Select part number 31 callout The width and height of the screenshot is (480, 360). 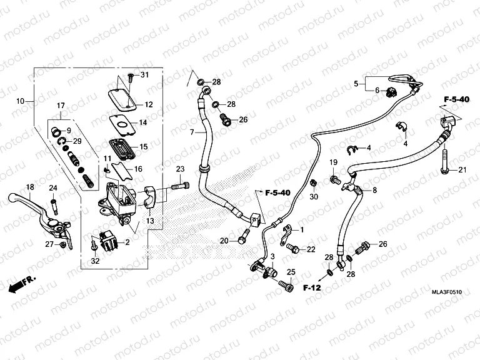(145, 76)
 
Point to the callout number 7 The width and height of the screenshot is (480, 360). (193, 132)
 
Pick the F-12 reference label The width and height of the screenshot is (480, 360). (311, 288)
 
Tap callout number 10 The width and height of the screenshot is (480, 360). (21, 101)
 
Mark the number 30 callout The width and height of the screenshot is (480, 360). (314, 197)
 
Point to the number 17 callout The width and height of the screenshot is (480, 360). (61, 105)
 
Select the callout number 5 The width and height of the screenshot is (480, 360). (356, 83)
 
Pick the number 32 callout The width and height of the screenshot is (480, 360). (95, 261)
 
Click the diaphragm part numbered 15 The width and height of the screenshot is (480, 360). (120, 145)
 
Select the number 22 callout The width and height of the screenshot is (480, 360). (311, 250)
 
